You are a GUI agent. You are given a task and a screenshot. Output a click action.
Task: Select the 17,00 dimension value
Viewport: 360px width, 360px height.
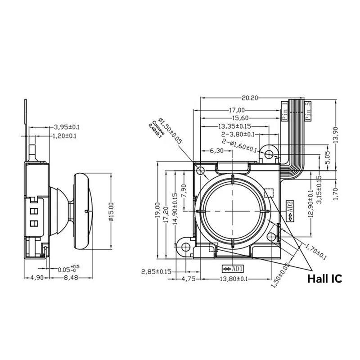[237, 110]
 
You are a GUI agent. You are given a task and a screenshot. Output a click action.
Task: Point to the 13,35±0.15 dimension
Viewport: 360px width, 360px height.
[234, 126]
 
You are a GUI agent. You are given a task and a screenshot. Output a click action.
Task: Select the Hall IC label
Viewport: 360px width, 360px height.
[324, 279]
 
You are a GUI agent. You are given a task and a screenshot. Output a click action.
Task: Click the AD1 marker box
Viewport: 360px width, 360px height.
[233, 269]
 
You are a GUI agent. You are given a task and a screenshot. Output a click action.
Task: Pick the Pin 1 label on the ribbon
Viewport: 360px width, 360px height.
[284, 111]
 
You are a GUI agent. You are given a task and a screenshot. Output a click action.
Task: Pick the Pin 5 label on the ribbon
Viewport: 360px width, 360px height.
[308, 111]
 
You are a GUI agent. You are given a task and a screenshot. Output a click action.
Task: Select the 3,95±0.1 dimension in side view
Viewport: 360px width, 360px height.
[66, 127]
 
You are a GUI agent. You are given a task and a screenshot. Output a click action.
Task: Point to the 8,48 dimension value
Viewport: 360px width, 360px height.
[69, 278]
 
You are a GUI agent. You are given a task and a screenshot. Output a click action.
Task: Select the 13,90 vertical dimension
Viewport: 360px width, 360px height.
[341, 134]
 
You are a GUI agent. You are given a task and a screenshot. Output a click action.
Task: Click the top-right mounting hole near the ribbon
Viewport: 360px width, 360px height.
[269, 154]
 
